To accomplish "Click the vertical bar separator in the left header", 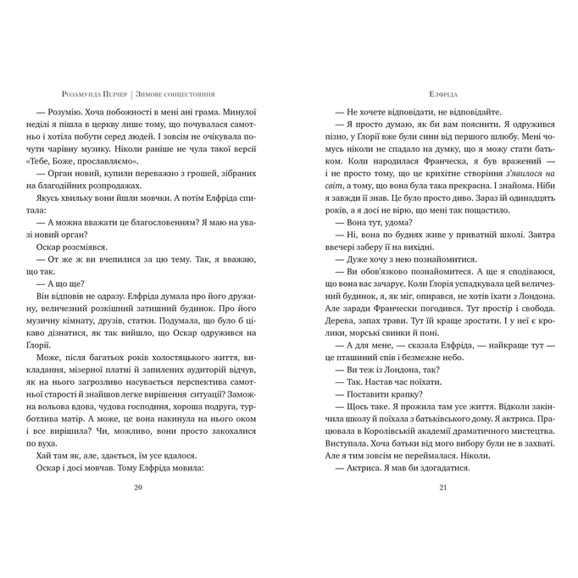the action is [132, 95].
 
